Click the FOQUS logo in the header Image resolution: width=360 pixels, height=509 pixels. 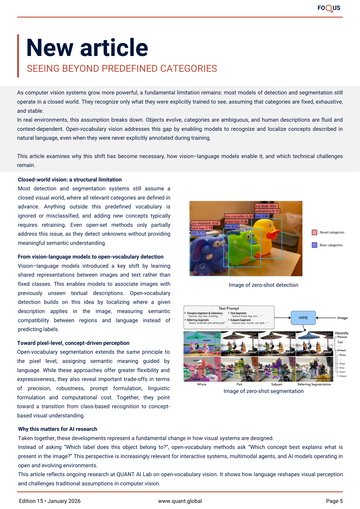coord(329,8)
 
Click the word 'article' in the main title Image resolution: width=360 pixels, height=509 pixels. coord(114,48)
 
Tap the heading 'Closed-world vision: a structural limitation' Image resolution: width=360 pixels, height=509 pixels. coord(70,180)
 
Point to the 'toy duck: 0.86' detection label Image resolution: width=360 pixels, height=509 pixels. coord(266,206)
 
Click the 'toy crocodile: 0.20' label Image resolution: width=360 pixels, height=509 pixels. coord(239,216)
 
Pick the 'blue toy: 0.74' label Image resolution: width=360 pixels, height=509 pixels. coord(202,228)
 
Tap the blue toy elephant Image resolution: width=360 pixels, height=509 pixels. coord(206,254)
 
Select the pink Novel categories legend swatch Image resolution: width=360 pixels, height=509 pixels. coord(314,232)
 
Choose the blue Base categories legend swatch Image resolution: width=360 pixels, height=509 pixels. coord(314,245)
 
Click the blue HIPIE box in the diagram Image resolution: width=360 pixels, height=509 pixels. coord(303,318)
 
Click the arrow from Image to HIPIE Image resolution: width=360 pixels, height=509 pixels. coord(326,318)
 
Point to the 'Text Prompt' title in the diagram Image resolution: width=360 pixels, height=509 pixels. coord(229,308)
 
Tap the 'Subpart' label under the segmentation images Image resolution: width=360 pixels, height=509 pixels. coord(277,384)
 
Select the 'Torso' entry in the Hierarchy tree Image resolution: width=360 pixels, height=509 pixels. coord(342,355)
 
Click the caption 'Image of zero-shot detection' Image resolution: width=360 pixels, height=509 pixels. coord(264,285)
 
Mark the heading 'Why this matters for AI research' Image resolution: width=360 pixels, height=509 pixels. coord(58,429)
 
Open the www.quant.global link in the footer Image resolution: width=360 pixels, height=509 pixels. coord(180,501)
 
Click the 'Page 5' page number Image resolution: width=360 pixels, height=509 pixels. coord(334,501)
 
